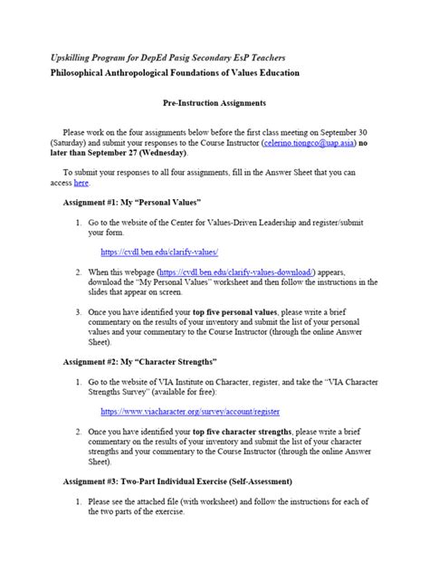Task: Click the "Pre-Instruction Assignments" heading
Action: [214, 104]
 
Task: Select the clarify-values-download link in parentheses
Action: [236, 271]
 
